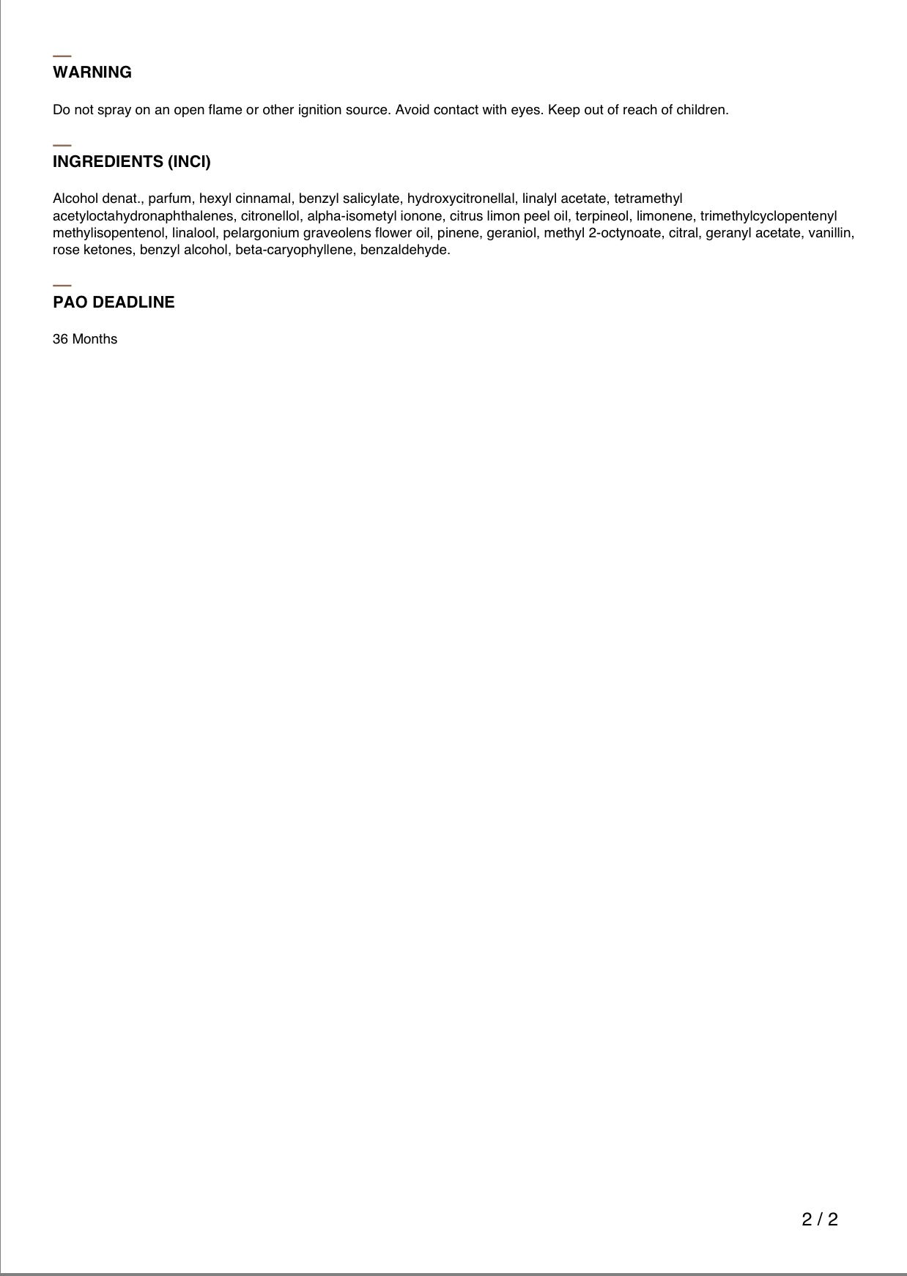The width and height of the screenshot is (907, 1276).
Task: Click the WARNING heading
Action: click(x=92, y=73)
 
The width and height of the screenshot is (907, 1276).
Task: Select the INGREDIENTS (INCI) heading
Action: click(x=132, y=162)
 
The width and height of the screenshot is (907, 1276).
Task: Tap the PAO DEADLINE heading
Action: click(x=114, y=303)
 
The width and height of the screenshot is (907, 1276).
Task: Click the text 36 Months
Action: click(x=85, y=339)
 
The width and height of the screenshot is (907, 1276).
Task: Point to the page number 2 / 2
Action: click(x=820, y=1219)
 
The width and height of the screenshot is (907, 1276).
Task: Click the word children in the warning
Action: click(x=703, y=110)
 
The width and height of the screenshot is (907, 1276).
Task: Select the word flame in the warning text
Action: click(x=225, y=110)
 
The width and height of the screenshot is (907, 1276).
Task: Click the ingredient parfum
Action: click(x=169, y=199)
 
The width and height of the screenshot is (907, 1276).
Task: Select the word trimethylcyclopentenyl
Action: click(x=769, y=216)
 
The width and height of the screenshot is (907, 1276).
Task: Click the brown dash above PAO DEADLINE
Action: click(x=62, y=285)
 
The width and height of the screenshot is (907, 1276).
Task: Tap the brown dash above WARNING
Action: click(x=62, y=56)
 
